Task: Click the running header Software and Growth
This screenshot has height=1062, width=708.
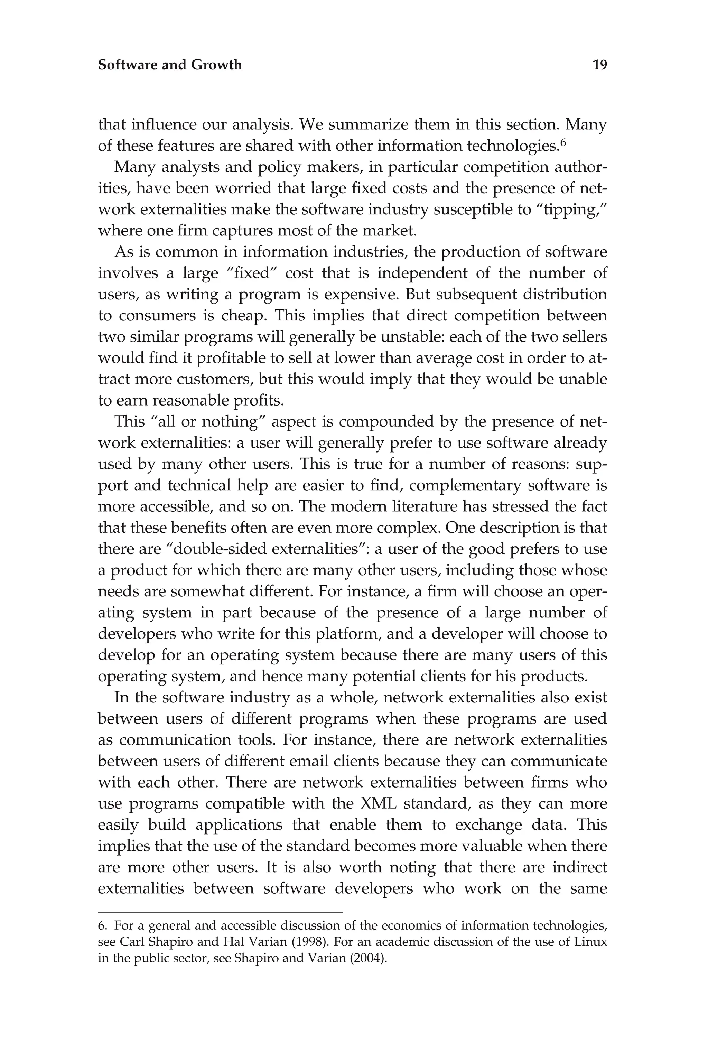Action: [170, 65]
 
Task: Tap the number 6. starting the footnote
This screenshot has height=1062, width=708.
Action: [102, 926]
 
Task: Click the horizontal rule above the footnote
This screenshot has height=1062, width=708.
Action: [220, 913]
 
